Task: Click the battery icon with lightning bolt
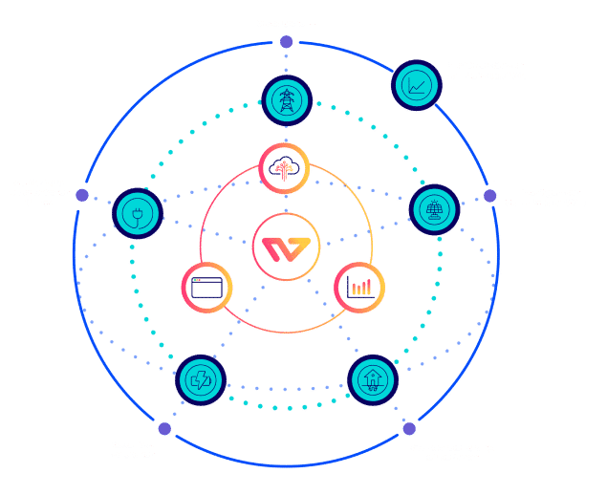tap(201, 379)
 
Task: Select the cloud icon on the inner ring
tap(285, 166)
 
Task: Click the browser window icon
tap(206, 285)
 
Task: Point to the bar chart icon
tap(359, 285)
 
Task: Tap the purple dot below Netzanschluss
tap(285, 42)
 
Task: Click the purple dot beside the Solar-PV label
tap(489, 196)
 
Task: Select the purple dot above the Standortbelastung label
tap(409, 427)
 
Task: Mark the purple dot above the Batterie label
tap(164, 428)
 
